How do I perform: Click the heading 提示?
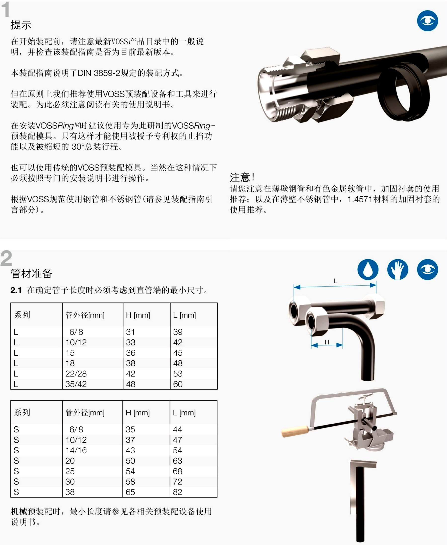pos(21,25)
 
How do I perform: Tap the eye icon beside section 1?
pos(427,21)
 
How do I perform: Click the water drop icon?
pos(368,270)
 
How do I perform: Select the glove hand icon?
pos(398,270)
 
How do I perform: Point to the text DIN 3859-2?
pos(99,73)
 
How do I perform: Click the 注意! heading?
pos(242,177)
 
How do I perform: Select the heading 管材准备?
pos(31,273)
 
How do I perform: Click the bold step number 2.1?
pos(16,291)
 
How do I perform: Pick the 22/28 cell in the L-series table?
pos(76,374)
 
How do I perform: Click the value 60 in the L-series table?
pos(178,384)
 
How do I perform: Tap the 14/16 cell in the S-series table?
pos(76,450)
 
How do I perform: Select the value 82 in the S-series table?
pos(178,492)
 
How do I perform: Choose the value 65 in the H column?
pos(130,492)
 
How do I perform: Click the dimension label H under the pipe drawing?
pos(327,342)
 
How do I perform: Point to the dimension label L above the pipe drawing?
pos(335,281)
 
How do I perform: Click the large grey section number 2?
pos(6,258)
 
